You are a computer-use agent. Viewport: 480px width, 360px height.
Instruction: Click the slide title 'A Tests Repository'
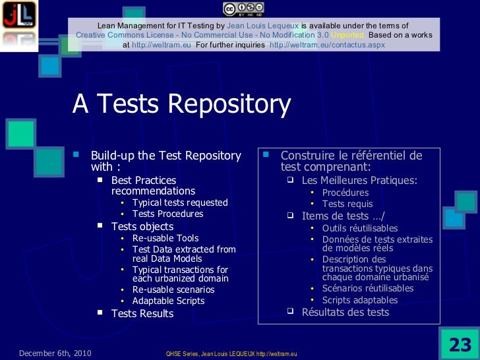click(x=181, y=104)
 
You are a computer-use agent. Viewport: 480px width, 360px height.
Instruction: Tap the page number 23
click(x=460, y=344)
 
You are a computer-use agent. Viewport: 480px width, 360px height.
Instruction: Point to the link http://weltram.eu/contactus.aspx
click(x=327, y=45)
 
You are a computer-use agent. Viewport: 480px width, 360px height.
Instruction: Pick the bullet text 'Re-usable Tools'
click(x=165, y=238)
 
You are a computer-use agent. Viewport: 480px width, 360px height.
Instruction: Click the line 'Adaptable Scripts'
click(x=168, y=301)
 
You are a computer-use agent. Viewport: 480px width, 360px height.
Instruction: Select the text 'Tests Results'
click(x=142, y=314)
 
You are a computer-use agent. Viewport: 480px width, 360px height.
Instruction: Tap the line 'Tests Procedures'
click(x=167, y=214)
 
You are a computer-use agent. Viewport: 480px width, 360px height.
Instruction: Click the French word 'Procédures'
click(x=345, y=193)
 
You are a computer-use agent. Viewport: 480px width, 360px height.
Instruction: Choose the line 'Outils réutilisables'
click(x=359, y=228)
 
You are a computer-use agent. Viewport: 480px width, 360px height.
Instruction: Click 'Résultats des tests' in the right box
click(x=345, y=312)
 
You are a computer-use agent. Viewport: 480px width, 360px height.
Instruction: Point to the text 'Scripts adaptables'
click(x=359, y=300)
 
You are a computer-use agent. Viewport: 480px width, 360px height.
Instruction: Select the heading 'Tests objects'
click(x=142, y=226)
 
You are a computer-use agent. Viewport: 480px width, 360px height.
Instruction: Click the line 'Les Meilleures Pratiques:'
click(x=359, y=180)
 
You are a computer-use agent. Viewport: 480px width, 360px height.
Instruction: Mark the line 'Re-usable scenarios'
click(x=173, y=289)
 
